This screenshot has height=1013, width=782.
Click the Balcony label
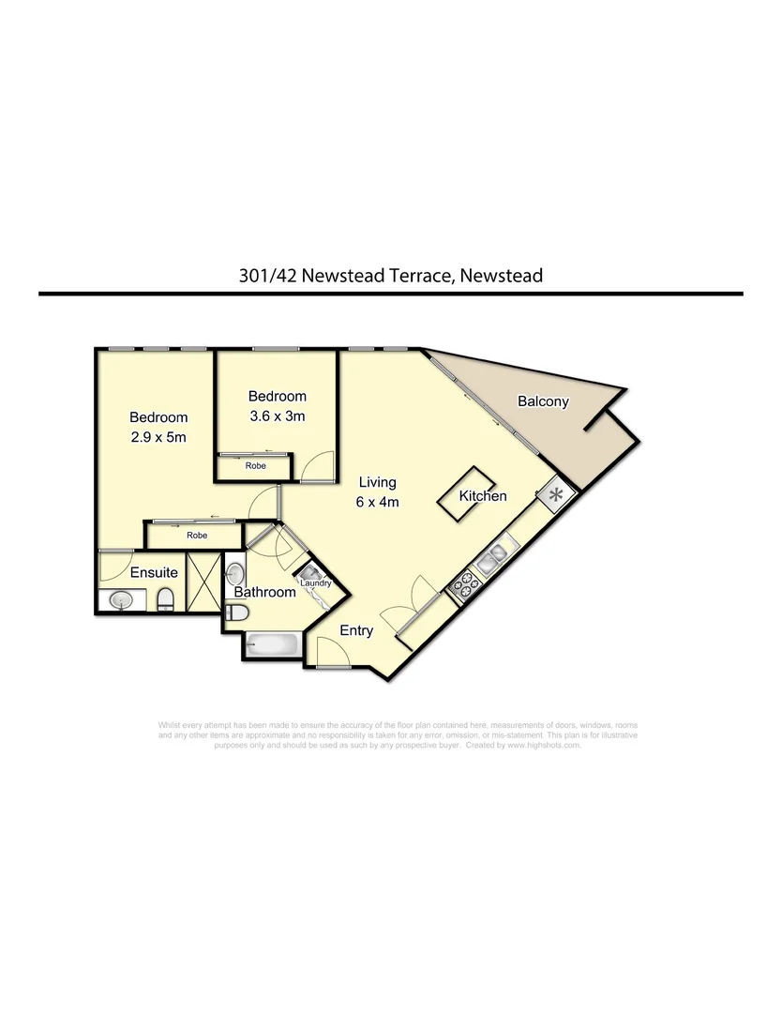click(543, 401)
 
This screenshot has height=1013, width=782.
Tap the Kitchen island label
click(483, 496)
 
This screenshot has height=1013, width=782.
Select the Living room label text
click(378, 482)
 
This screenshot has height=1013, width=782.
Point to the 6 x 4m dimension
click(378, 502)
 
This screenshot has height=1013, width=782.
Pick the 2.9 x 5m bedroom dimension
click(158, 437)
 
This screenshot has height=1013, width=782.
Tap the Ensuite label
click(154, 572)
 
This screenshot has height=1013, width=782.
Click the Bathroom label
click(265, 592)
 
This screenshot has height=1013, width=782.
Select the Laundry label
click(316, 583)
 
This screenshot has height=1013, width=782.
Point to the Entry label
click(356, 630)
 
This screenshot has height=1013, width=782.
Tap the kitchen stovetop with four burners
click(466, 586)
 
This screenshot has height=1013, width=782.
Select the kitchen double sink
click(492, 560)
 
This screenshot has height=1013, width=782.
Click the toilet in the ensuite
click(165, 598)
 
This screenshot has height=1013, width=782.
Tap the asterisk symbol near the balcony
click(555, 494)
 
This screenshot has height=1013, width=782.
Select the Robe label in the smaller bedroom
click(255, 465)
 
